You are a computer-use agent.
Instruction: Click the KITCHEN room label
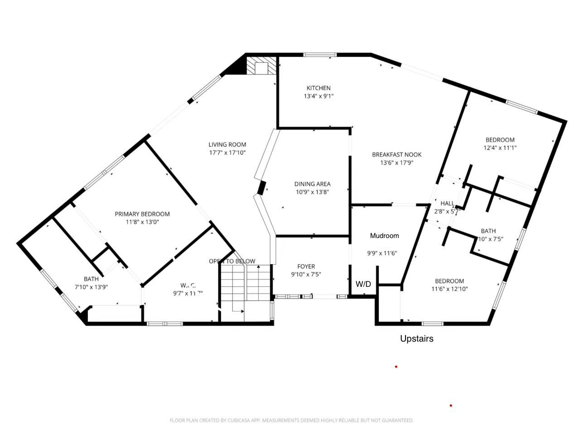click(319, 88)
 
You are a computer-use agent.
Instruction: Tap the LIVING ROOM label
click(227, 144)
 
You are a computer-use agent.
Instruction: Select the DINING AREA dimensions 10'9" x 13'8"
click(312, 192)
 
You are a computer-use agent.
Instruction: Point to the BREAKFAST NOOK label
click(396, 154)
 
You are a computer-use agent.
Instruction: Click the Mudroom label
click(384, 235)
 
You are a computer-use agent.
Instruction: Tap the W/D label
click(363, 284)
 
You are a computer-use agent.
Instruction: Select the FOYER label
click(306, 266)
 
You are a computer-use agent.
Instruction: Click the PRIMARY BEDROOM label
click(142, 214)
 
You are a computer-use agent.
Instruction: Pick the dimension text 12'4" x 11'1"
click(500, 148)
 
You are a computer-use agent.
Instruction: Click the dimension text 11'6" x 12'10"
click(449, 289)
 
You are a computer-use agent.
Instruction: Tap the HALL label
click(447, 203)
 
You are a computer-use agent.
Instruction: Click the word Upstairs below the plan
click(416, 338)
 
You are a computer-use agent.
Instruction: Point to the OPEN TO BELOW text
click(232, 261)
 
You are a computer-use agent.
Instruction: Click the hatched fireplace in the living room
click(261, 66)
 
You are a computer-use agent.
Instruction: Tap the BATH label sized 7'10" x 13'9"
click(91, 279)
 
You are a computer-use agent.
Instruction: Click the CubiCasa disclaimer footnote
click(291, 420)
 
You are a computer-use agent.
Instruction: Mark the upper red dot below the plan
click(396, 366)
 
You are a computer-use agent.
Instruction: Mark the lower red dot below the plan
click(451, 405)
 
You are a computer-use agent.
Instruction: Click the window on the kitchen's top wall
click(320, 55)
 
